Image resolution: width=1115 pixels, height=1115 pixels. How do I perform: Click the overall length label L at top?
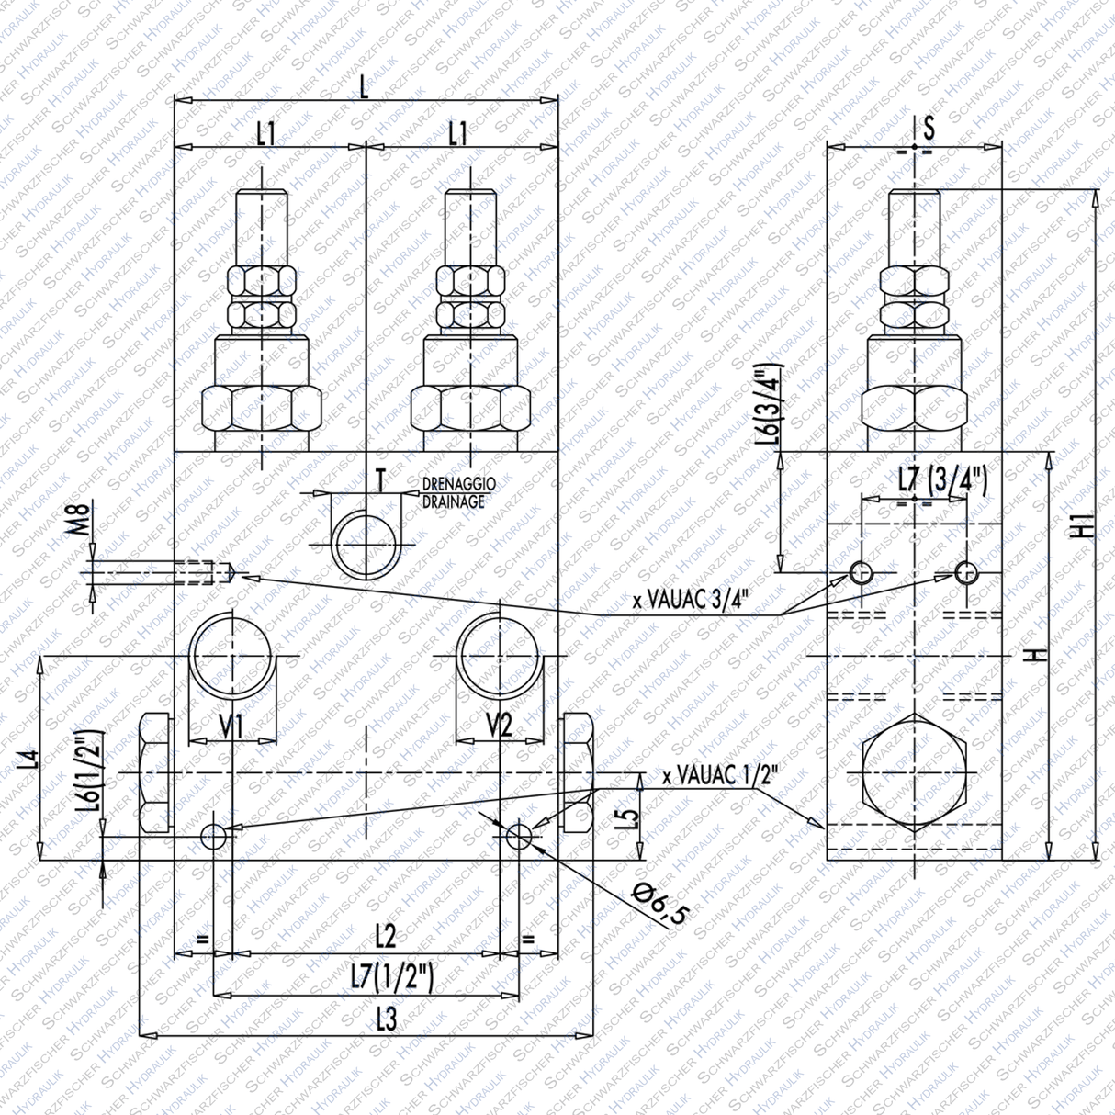(365, 88)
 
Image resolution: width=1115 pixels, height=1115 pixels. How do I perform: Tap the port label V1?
(231, 726)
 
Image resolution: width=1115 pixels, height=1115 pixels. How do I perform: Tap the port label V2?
(499, 726)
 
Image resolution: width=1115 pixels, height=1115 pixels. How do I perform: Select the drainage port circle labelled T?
(365, 546)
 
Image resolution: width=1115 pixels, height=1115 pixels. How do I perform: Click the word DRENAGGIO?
(458, 484)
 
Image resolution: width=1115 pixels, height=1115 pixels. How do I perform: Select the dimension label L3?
(386, 1019)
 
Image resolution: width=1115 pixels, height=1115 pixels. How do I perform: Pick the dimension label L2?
(386, 938)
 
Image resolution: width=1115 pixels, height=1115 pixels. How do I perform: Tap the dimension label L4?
(30, 759)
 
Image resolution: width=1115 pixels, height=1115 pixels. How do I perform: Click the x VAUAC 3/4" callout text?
(691, 601)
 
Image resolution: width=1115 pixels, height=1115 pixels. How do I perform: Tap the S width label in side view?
(929, 128)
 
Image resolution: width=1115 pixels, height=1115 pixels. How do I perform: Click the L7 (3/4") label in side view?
(941, 479)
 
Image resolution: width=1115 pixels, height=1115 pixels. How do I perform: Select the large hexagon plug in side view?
(914, 772)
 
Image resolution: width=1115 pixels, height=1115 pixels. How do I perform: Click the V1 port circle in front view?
(231, 654)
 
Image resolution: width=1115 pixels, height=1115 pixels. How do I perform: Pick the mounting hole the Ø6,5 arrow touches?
(518, 835)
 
